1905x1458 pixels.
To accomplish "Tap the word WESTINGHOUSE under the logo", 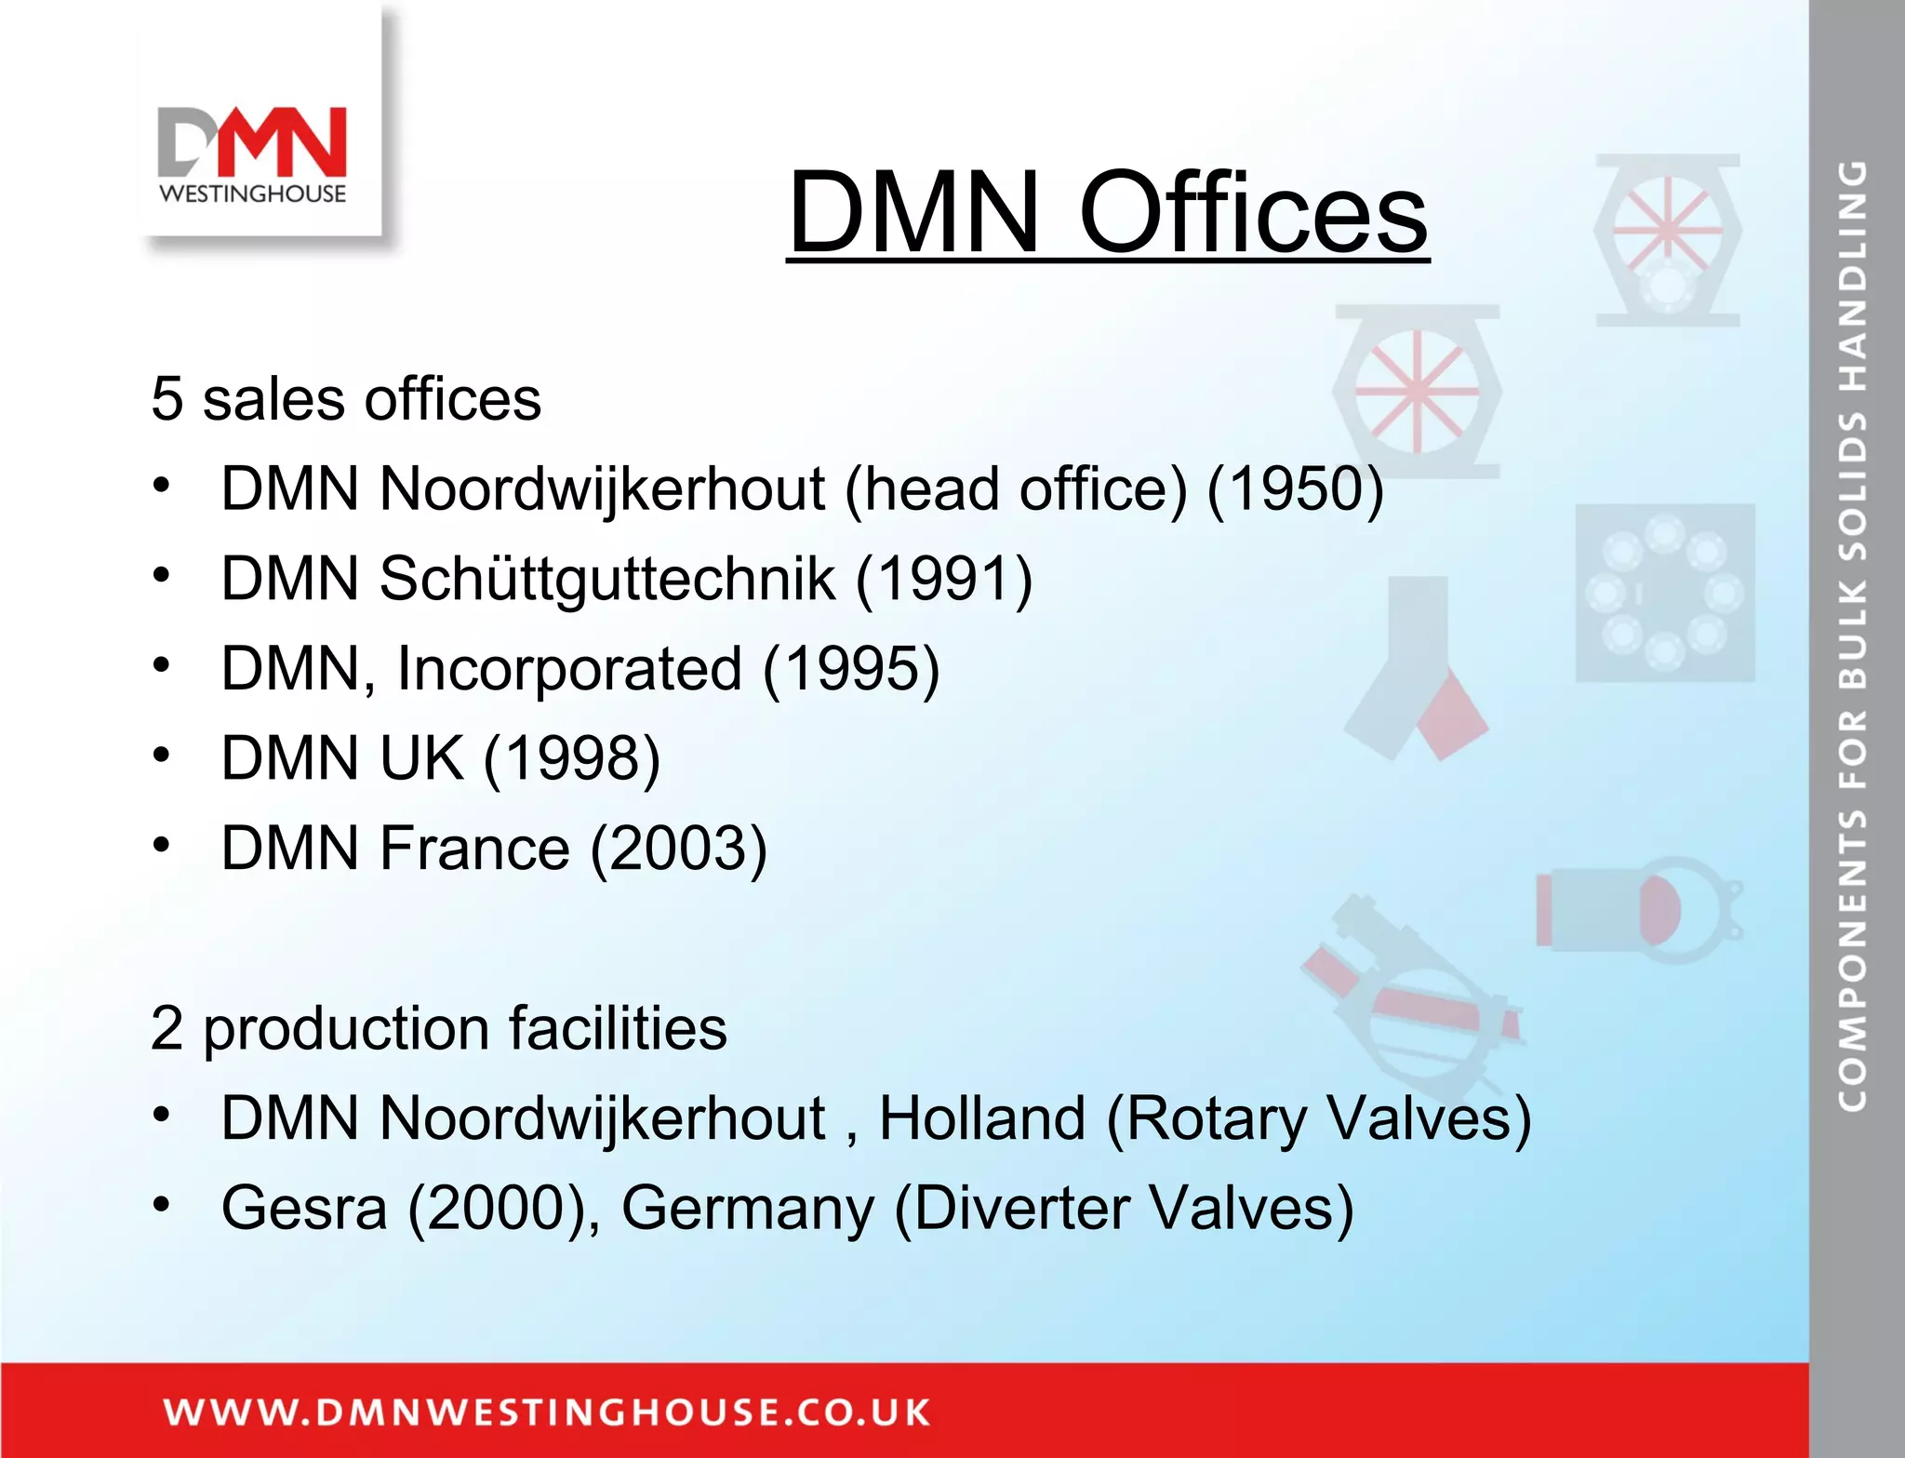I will coord(253,194).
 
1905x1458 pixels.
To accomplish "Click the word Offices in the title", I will coord(1252,213).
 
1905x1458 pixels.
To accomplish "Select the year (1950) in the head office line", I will coord(1295,488).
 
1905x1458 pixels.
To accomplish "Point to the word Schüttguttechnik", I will coord(606,580).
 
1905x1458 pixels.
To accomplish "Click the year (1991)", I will coord(943,579).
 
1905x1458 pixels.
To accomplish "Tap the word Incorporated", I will coord(569,668).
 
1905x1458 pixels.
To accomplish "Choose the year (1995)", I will coord(851,668).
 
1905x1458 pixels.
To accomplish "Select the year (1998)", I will coord(572,757).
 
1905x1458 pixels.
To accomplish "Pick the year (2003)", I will coord(679,848).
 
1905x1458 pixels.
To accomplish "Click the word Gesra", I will coord(303,1208).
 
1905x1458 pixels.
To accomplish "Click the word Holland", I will coord(982,1117).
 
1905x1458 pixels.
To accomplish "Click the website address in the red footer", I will coord(547,1411).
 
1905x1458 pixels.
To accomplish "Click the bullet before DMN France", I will coord(162,845).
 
